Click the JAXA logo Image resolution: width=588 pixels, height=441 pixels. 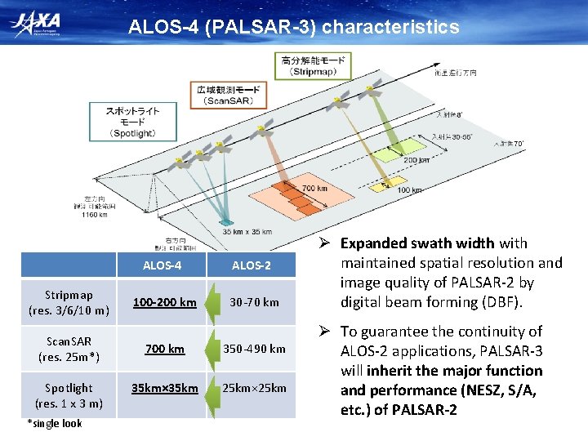(38, 25)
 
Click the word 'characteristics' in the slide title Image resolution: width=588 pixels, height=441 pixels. (390, 28)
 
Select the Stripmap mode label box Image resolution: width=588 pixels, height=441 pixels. (313, 65)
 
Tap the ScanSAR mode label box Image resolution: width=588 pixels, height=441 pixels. (229, 95)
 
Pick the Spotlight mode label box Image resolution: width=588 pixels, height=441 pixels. (132, 122)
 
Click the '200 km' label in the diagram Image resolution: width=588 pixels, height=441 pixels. (416, 161)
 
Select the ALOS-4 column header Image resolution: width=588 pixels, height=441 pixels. (163, 265)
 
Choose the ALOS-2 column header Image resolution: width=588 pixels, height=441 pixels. (252, 265)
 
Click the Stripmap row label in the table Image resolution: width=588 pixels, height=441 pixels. (69, 302)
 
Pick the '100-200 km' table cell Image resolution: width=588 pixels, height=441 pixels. (165, 302)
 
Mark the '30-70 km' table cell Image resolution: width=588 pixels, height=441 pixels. (254, 302)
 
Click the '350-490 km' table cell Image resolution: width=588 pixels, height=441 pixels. (254, 349)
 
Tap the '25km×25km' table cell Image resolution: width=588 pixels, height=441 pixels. (254, 388)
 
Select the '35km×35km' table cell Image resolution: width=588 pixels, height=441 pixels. (165, 388)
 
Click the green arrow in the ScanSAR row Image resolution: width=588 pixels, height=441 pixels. (211, 349)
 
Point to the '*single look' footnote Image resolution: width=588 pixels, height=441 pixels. (56, 423)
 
